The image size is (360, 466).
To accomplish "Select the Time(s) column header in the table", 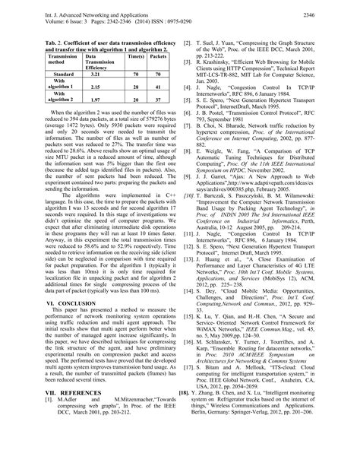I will pyautogui.click(x=137, y=57).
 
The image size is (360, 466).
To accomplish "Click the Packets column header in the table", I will pyautogui.click(x=159, y=57).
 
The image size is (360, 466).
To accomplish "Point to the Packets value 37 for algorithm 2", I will pyautogui.click(x=159, y=100).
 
